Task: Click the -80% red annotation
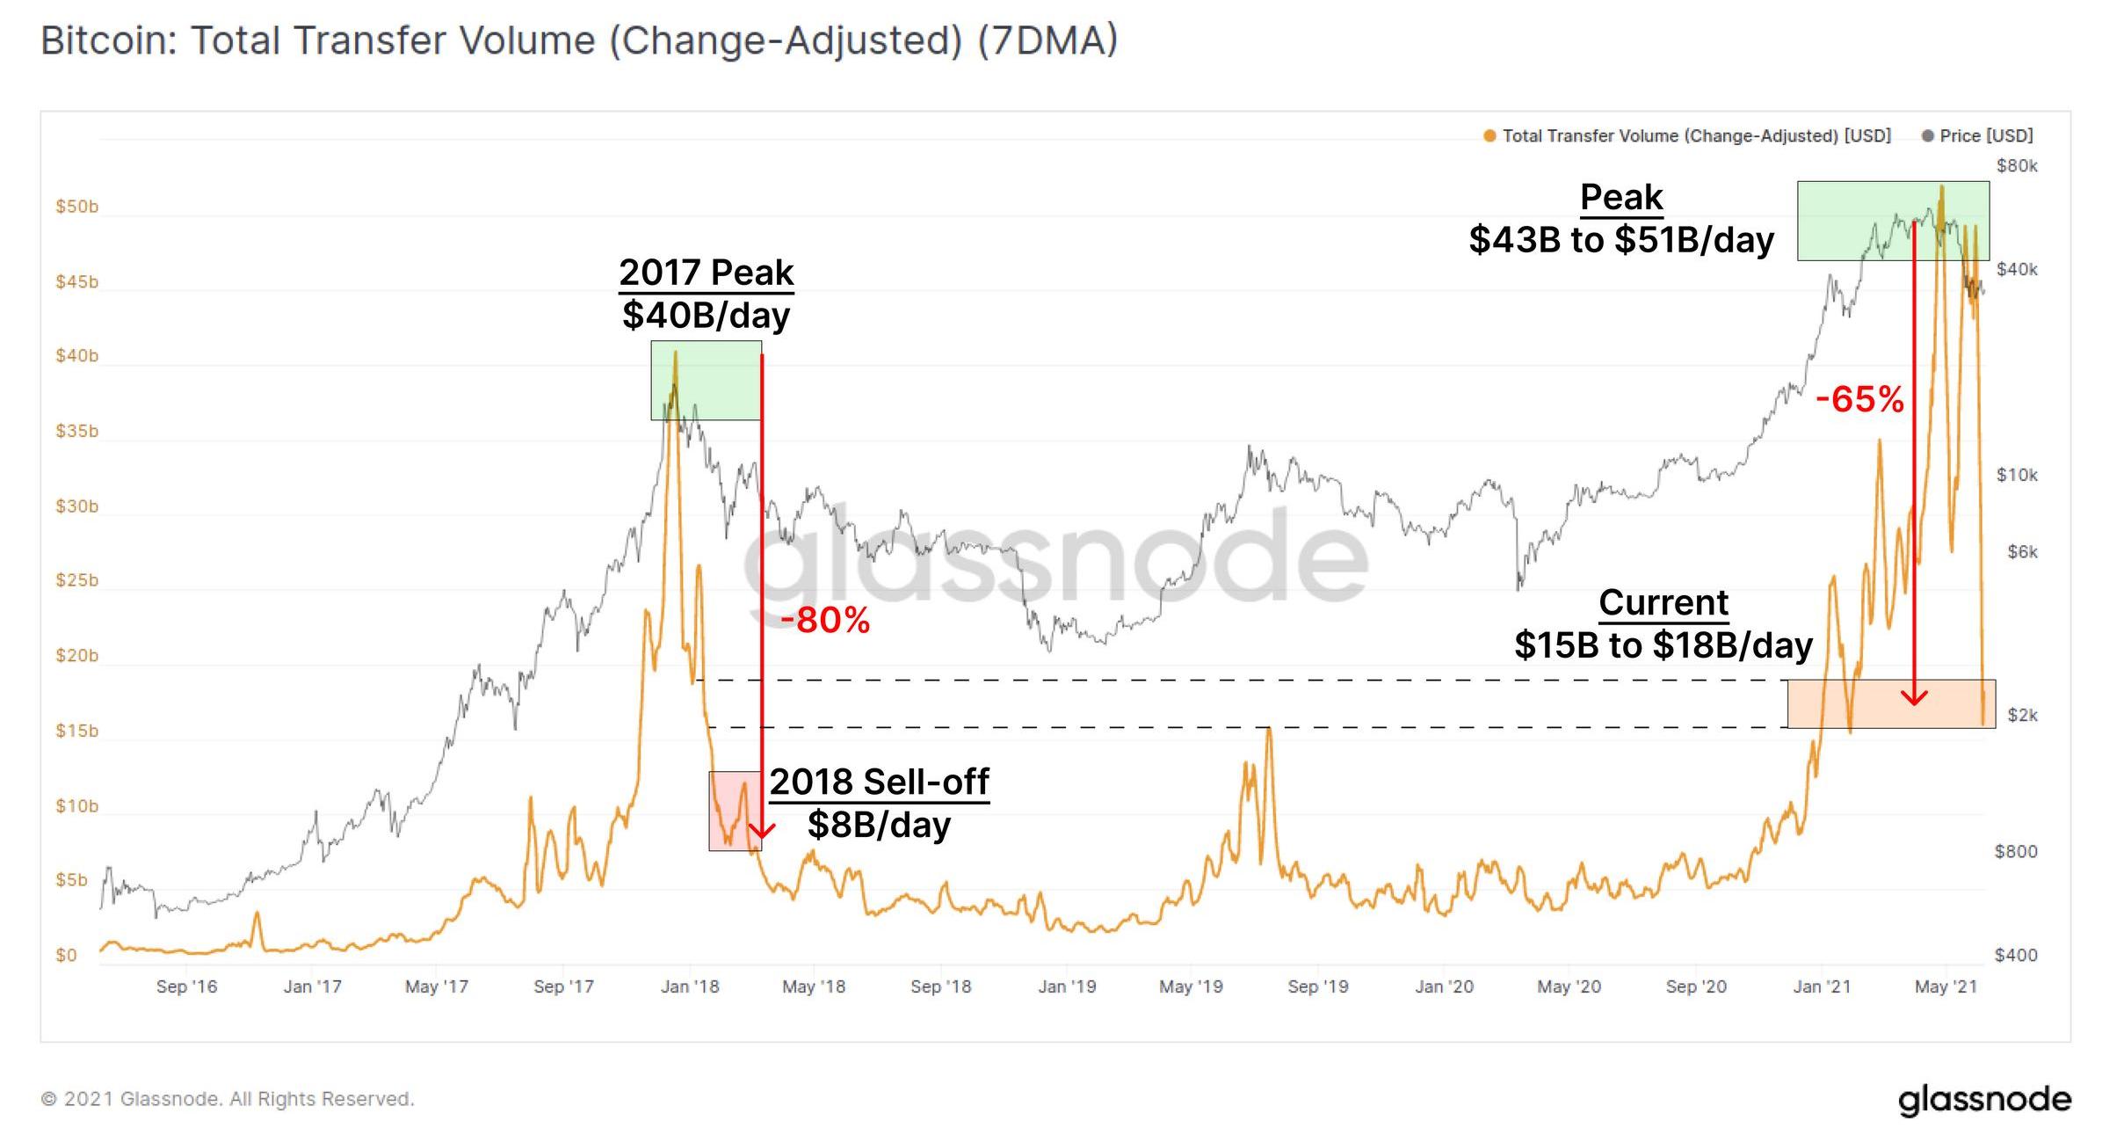pos(824,621)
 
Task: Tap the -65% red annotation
pos(1859,400)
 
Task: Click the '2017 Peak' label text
pos(706,273)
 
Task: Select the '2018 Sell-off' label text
pos(879,782)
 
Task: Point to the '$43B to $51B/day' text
pos(1621,240)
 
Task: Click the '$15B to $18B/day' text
pos(1663,645)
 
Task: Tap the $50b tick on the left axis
pos(76,207)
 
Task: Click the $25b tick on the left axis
pos(76,580)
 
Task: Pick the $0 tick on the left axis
pos(66,955)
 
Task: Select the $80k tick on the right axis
pos(2017,166)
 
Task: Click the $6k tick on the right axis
pos(2022,552)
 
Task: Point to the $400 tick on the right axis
pos(2016,955)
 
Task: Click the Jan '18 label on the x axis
pos(690,986)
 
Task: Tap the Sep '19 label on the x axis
pos(1318,986)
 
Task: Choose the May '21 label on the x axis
pos(1946,986)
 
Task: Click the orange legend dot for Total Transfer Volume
pos(1489,136)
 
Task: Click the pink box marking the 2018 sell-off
pos(735,811)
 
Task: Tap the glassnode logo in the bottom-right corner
pos(1984,1099)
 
